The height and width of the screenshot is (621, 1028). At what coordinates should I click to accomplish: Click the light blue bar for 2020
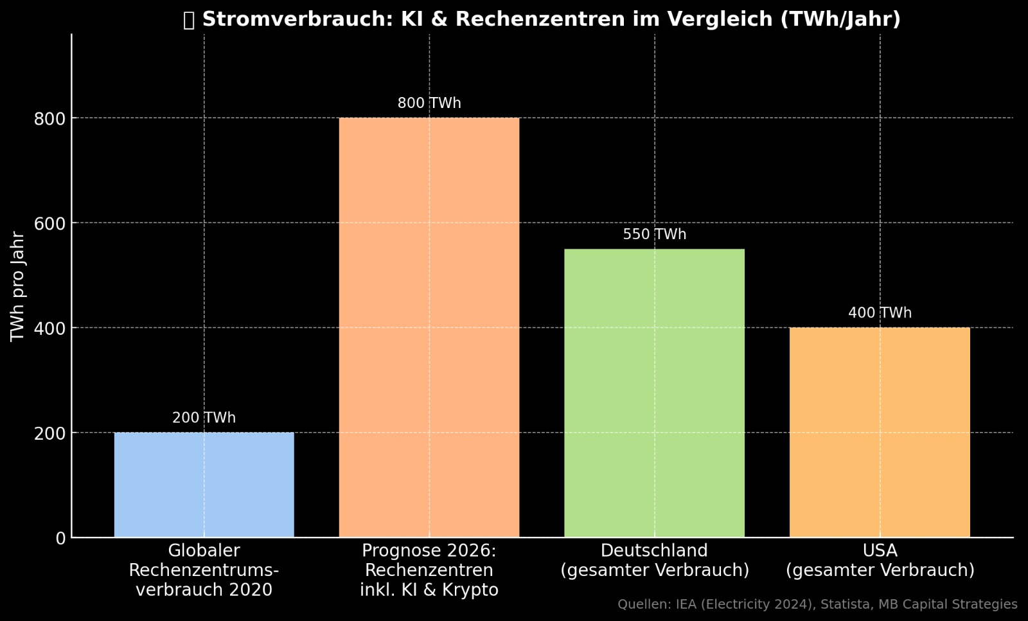tap(204, 485)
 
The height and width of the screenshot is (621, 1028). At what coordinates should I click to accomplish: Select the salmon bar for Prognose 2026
tap(429, 327)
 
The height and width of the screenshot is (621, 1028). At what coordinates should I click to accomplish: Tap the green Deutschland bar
tap(654, 393)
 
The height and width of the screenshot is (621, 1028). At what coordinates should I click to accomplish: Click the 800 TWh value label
tap(429, 104)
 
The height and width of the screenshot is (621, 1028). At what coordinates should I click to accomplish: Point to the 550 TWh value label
tap(654, 235)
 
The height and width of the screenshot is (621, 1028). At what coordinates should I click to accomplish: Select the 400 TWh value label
tap(880, 313)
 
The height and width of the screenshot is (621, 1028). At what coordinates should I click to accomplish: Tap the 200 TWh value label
tap(204, 418)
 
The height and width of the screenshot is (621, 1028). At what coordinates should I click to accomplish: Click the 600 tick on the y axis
tap(49, 224)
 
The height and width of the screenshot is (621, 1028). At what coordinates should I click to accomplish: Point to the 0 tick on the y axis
tap(60, 538)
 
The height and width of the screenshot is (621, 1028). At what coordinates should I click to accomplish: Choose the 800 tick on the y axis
tap(49, 119)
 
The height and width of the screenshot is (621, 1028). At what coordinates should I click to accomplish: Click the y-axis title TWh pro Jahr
tap(18, 286)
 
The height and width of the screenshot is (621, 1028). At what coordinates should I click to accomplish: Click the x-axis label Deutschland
tap(654, 551)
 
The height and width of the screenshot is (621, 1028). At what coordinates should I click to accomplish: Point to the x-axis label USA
tap(880, 551)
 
